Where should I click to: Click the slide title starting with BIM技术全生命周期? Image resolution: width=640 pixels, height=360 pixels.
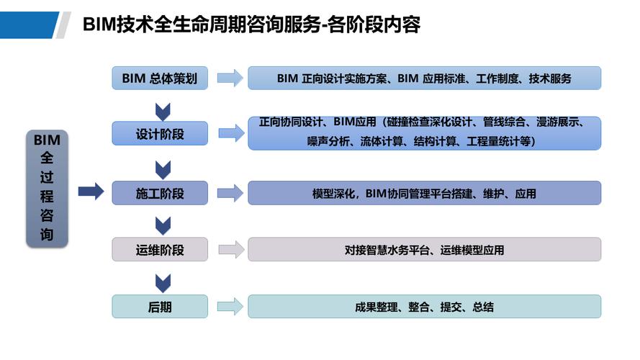[251, 25]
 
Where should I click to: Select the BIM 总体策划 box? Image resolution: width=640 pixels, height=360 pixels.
[160, 78]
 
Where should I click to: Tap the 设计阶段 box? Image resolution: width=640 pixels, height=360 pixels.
[160, 133]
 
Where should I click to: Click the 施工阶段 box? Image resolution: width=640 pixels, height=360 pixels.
[160, 193]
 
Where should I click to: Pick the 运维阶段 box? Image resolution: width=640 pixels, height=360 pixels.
[160, 250]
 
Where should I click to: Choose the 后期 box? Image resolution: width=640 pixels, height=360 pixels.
[160, 307]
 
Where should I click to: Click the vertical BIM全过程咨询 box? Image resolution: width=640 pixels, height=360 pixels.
[47, 189]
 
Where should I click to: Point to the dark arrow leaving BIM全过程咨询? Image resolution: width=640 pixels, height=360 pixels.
[91, 192]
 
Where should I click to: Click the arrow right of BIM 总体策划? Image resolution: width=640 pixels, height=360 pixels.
[230, 78]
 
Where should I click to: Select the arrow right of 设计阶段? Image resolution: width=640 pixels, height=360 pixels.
[230, 133]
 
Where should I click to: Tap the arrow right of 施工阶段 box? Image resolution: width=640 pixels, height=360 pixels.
[230, 193]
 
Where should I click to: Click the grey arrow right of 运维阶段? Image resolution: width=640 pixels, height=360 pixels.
[230, 250]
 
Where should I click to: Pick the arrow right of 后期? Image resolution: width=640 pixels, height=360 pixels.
[230, 307]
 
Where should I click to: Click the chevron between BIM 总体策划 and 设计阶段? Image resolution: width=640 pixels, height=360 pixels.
[163, 112]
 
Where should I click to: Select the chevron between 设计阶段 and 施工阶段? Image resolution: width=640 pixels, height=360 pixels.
[163, 169]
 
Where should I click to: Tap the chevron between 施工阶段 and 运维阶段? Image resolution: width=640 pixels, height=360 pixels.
[163, 225]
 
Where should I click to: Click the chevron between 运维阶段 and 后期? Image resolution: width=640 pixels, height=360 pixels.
[163, 282]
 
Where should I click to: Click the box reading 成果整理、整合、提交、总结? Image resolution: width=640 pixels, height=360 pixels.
[424, 307]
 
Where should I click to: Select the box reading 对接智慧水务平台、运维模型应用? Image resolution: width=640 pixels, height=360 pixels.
[424, 250]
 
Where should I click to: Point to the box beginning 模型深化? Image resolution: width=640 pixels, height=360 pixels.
[424, 193]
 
